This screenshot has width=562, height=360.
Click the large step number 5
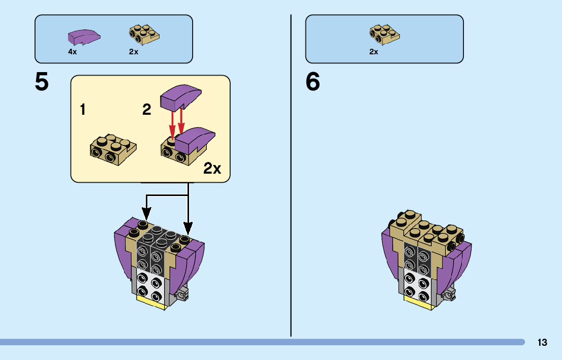pyautogui.click(x=42, y=82)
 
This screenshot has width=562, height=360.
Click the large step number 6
pyautogui.click(x=313, y=82)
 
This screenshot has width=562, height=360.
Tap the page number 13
pyautogui.click(x=542, y=342)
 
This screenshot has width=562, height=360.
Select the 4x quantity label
pyautogui.click(x=72, y=52)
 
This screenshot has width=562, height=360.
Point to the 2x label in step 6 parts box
pyautogui.click(x=373, y=52)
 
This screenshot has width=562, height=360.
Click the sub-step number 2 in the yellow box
pyautogui.click(x=146, y=109)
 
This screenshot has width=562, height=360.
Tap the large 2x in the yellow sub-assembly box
pyautogui.click(x=212, y=169)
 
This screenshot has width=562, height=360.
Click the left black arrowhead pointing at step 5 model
pyautogui.click(x=146, y=215)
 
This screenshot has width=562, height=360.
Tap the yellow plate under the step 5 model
pyautogui.click(x=151, y=303)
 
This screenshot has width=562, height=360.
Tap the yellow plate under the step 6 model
pyautogui.click(x=419, y=303)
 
